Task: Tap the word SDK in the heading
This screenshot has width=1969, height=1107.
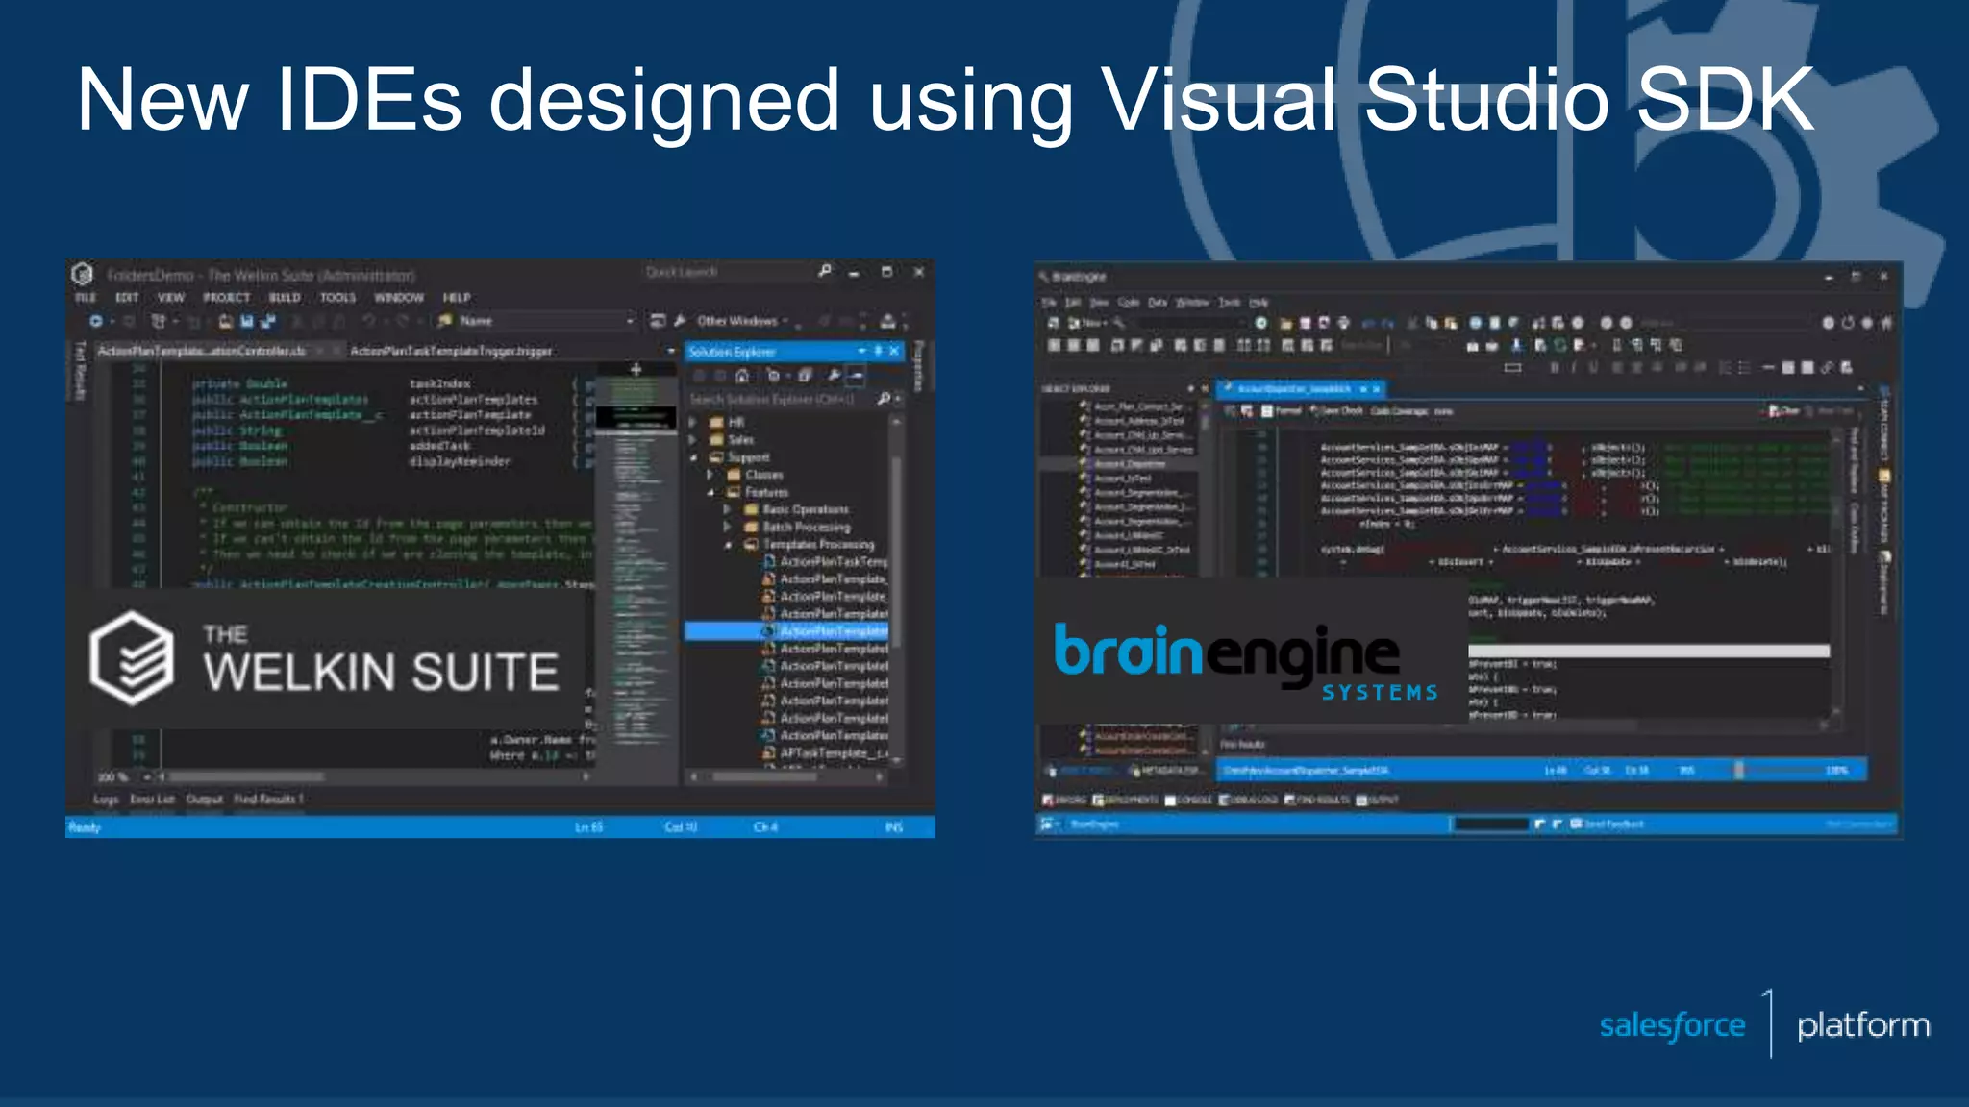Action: [x=1725, y=100]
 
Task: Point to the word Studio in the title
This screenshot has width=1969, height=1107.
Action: [x=1486, y=100]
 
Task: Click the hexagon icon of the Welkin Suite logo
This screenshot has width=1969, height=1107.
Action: [x=132, y=658]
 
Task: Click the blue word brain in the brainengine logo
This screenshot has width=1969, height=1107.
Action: [x=1128, y=652]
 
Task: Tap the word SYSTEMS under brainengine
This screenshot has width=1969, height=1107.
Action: [x=1380, y=693]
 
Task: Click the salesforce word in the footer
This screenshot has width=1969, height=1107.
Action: [x=1672, y=1025]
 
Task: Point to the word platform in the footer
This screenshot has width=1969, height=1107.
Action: [x=1863, y=1025]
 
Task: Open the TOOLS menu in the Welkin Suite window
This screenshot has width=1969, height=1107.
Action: [x=337, y=298]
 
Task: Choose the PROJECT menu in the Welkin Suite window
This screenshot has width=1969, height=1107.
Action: [x=226, y=298]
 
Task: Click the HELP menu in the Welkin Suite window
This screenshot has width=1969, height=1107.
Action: [x=457, y=298]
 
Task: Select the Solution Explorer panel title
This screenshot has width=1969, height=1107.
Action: [x=732, y=352]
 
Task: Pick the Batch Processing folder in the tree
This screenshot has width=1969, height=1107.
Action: [x=806, y=527]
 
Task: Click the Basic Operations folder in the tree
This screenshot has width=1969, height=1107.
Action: [x=805, y=509]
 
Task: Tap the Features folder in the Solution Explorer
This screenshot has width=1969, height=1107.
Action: [x=766, y=492]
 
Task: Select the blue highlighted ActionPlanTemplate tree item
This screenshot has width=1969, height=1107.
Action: [x=833, y=631]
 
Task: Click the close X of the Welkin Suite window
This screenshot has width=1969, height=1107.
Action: [x=919, y=273]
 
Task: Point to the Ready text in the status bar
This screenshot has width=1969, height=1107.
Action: [x=85, y=827]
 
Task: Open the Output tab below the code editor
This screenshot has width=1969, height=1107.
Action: [x=204, y=799]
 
